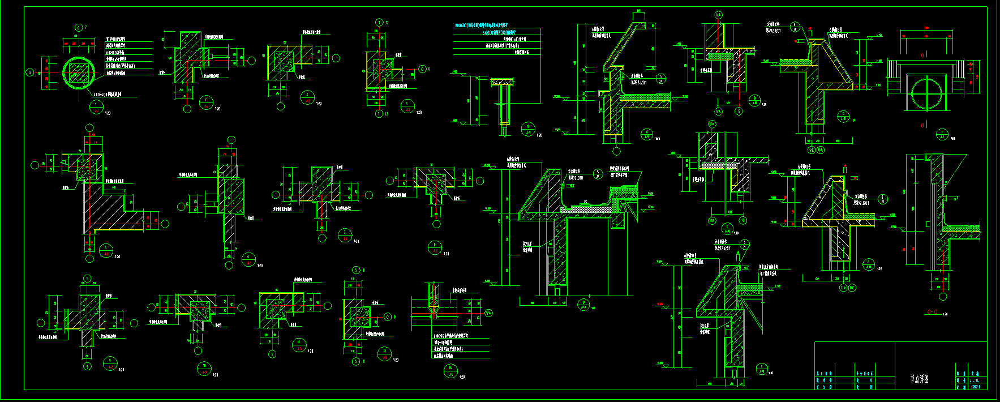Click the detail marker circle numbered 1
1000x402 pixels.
click(x=96, y=105)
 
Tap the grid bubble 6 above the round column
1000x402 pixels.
click(x=79, y=28)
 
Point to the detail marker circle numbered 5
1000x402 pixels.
click(x=106, y=250)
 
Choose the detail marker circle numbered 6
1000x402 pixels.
click(x=248, y=259)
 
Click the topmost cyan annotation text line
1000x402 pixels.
click(x=481, y=25)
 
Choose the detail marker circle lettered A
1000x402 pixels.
click(x=647, y=134)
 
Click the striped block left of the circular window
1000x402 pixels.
click(x=894, y=69)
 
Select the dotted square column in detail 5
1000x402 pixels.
click(x=87, y=169)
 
